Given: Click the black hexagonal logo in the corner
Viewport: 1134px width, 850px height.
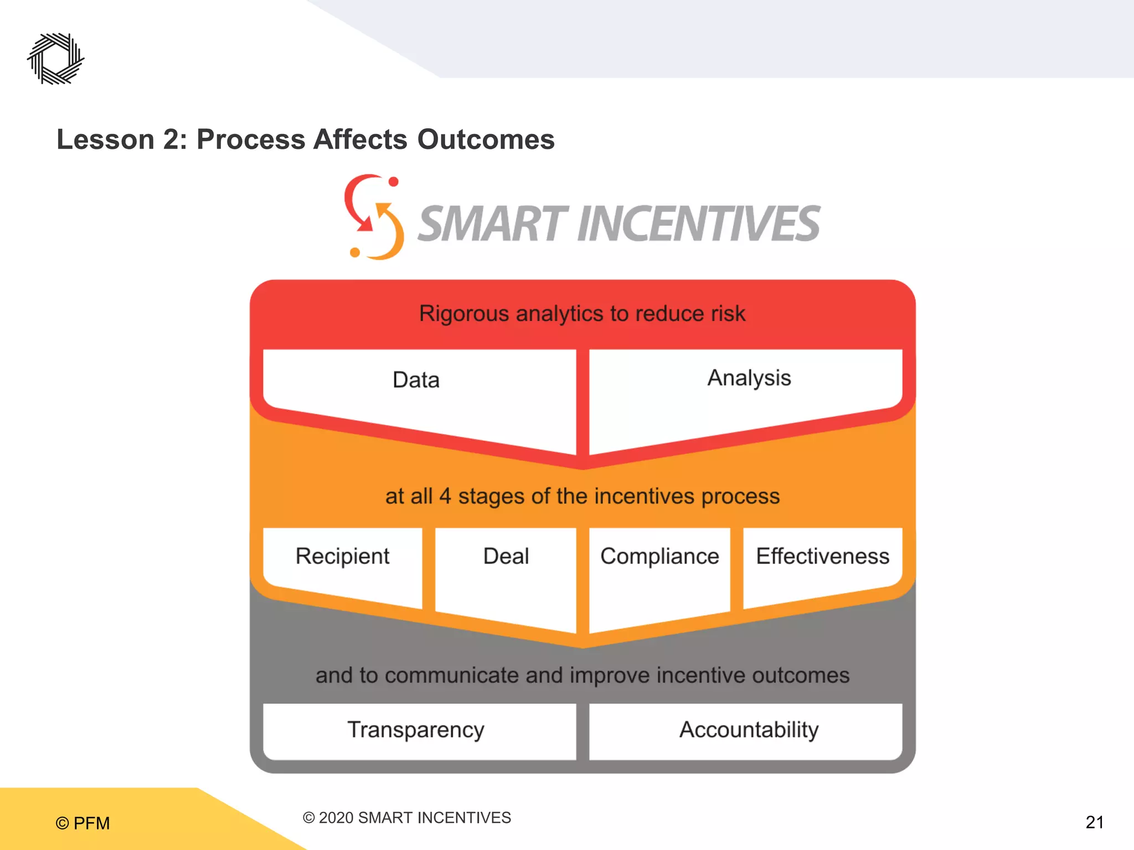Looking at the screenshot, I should point(56,59).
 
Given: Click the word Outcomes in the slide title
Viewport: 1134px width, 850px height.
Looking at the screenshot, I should point(486,139).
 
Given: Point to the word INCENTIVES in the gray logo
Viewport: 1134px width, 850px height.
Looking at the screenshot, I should point(698,224).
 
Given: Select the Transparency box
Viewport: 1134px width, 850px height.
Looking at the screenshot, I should point(416,730).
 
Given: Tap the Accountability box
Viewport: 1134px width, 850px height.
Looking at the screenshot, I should point(749,730).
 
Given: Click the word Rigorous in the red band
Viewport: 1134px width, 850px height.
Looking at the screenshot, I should point(463,314).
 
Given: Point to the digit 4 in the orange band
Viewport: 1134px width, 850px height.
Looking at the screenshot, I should point(445,496).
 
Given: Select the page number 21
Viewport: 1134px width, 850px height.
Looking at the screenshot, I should point(1094,822).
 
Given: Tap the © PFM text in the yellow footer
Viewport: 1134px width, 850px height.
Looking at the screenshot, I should point(83,823).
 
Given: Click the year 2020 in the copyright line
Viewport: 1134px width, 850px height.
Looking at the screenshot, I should point(336,818).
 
